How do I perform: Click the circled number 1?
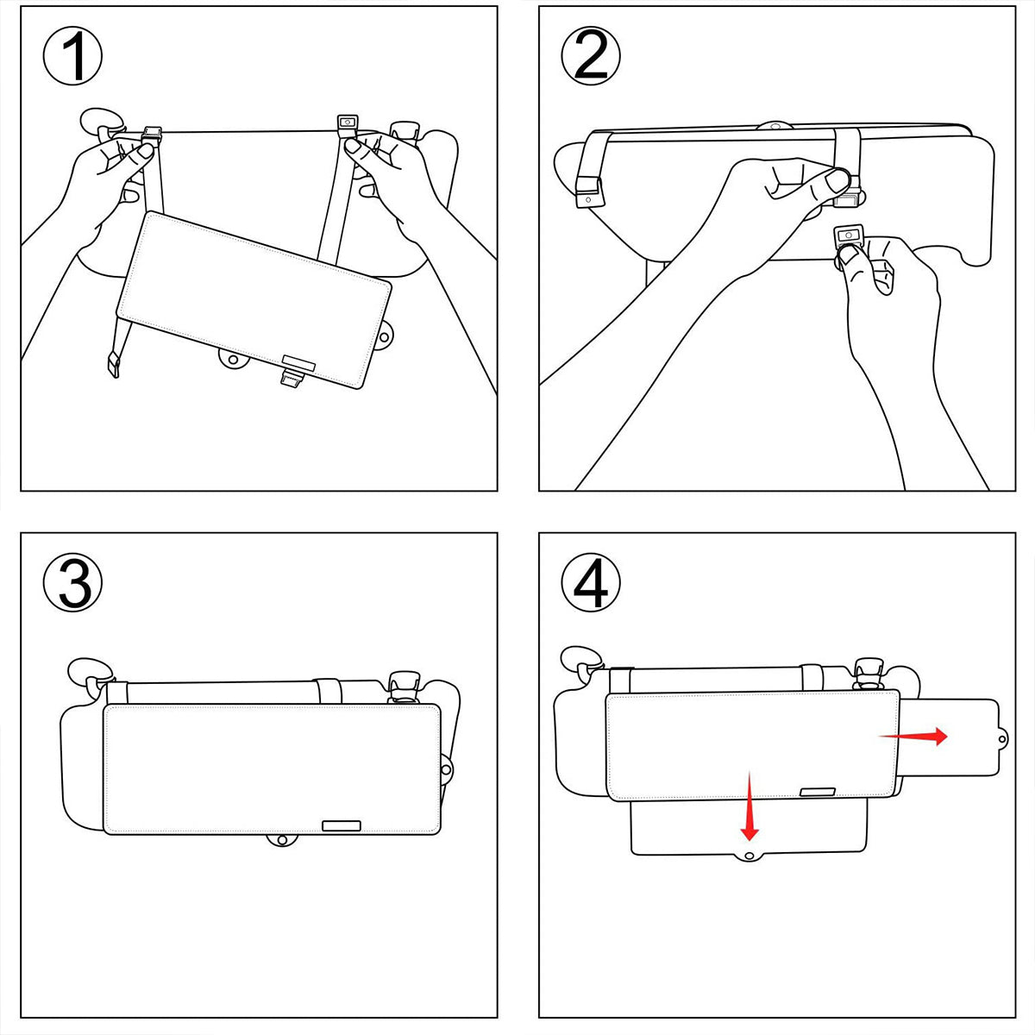coord(73,55)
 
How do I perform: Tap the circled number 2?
coord(591,55)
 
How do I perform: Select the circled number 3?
coord(73,583)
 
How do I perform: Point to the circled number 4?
coord(591,583)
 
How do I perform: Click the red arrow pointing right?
coord(914,736)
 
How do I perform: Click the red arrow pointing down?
coord(750,806)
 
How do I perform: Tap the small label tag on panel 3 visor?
coord(341,825)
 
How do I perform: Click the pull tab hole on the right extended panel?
coord(1002,738)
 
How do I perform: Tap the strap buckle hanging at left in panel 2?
coord(588,196)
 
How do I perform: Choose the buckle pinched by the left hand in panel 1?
coord(153,135)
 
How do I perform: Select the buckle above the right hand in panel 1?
coord(347,122)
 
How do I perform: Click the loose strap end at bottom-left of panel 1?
coord(112,364)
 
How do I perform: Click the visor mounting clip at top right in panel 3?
coord(401,687)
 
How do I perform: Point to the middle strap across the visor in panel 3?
coord(329,691)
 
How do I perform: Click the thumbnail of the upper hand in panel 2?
coord(836,181)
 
